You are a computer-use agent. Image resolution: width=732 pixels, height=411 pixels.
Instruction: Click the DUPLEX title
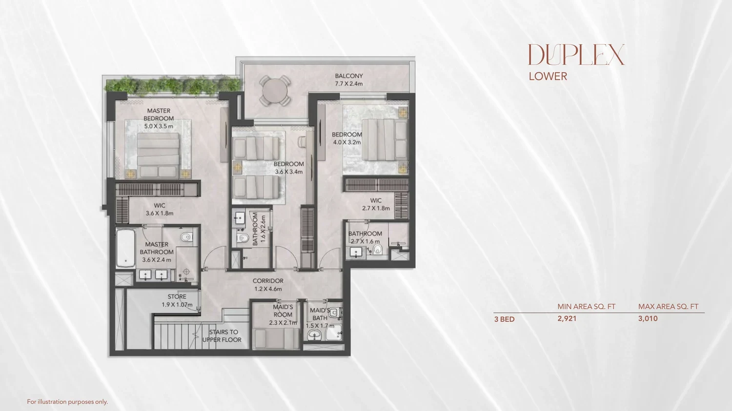(576, 55)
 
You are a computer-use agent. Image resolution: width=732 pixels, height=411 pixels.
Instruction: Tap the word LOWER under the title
(548, 77)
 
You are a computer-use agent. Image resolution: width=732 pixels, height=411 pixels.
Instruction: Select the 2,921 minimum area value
(567, 319)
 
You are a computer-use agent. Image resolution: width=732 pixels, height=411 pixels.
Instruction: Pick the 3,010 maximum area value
(648, 319)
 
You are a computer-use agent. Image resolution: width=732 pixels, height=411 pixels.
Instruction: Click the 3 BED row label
(504, 319)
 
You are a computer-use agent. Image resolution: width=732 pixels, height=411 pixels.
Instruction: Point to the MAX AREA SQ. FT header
(668, 307)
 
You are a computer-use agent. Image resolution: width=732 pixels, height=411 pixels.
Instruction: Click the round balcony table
(275, 90)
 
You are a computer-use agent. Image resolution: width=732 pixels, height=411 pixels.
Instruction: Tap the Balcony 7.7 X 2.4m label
(349, 79)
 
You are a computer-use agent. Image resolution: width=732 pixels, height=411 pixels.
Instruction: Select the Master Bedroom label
(159, 118)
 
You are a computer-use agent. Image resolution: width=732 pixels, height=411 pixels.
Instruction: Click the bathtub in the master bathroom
(125, 248)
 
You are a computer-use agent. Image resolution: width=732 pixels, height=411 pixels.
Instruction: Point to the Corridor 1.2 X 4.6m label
(268, 285)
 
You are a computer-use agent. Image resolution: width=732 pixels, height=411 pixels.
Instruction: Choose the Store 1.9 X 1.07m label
(177, 301)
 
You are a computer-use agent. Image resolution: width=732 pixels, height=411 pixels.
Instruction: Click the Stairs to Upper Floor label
(222, 336)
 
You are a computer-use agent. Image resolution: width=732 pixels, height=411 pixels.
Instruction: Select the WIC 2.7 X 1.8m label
(376, 204)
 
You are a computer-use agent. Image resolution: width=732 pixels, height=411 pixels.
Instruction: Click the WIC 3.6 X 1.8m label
(160, 209)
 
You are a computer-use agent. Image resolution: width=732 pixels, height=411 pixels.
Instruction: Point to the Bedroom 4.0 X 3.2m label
(346, 138)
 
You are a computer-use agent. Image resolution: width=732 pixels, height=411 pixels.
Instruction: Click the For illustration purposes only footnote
(67, 402)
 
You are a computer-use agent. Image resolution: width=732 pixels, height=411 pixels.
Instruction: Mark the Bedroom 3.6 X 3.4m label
(288, 168)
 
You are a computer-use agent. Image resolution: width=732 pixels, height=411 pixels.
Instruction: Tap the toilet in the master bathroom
(186, 236)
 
